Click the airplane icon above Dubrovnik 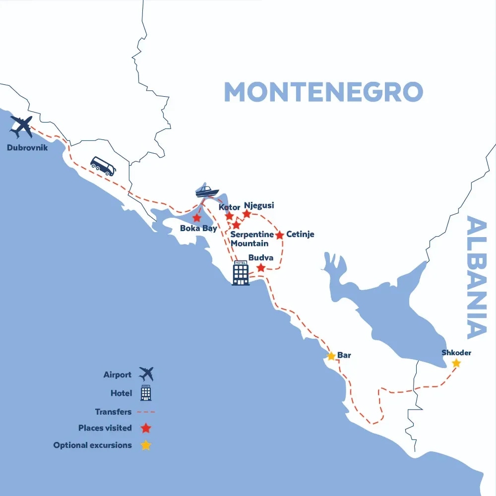21,126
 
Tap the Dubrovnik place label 27,147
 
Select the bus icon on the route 103,166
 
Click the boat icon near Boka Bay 207,191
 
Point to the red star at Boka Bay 197,218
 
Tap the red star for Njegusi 247,214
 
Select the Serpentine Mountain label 252,239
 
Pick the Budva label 261,258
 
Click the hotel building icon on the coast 241,273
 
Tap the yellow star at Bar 331,356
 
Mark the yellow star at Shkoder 456,364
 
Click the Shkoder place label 456,353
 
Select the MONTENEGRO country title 323,92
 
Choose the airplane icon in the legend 146,374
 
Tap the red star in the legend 145,428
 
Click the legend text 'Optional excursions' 93,445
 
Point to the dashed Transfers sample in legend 146,412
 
